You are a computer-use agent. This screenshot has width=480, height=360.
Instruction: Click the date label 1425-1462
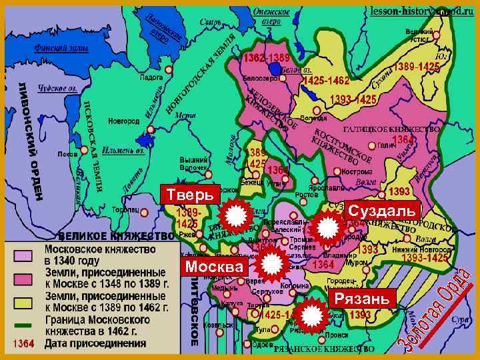coord(326,81)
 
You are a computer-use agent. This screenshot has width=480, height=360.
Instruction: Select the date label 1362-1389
coord(266,59)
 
